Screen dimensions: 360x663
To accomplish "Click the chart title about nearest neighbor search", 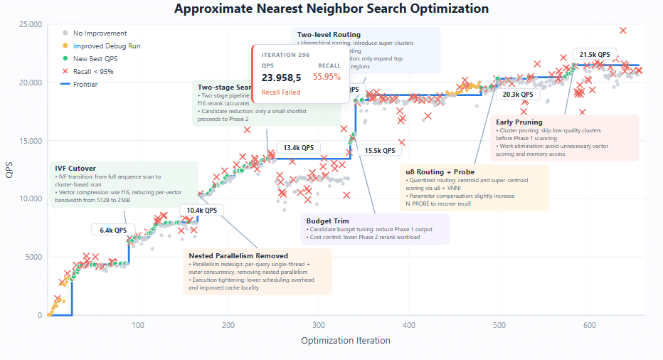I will [x=331, y=9].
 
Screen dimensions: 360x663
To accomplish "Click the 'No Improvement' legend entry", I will [x=100, y=33].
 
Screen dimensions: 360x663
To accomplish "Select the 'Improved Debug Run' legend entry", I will [x=107, y=46].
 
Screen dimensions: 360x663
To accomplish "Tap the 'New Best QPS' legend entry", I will [x=99, y=59].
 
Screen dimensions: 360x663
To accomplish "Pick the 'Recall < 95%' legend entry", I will [x=92, y=72].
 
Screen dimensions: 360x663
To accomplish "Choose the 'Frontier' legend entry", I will [x=85, y=85].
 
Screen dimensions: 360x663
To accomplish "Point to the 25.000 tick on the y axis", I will [x=28, y=25].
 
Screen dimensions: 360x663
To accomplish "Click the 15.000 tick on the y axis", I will [x=28, y=141].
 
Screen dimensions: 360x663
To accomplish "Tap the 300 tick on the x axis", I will [x=319, y=325].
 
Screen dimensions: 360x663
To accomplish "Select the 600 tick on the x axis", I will [x=589, y=325].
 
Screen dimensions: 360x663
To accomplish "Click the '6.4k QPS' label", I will [x=113, y=230].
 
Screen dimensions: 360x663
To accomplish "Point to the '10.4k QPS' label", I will [x=202, y=210].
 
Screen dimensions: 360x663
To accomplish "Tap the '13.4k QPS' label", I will [x=298, y=148].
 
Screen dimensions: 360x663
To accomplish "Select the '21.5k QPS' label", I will [x=595, y=55].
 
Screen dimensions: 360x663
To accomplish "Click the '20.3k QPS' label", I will [x=517, y=94].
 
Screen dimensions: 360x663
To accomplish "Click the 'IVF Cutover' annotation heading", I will [x=75, y=169].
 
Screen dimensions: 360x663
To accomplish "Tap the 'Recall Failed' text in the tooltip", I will [x=281, y=92].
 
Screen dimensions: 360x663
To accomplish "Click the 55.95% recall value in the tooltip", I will [x=327, y=77].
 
